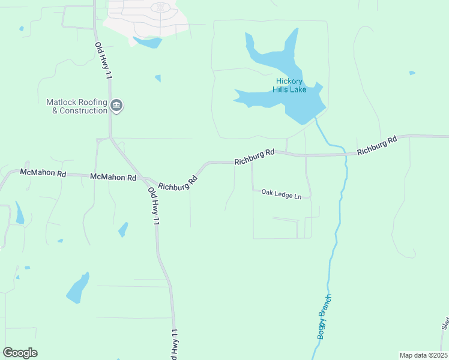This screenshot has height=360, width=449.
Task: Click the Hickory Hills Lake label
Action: (x=291, y=86)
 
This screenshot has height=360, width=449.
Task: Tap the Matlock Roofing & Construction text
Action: (x=77, y=106)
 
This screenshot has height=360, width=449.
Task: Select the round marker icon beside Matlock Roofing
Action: (x=116, y=107)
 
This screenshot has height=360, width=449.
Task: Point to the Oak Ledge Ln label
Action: (x=281, y=193)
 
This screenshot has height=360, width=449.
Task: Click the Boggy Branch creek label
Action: (x=325, y=317)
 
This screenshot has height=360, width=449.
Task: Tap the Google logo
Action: (x=20, y=353)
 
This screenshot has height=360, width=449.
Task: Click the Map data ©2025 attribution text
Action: (x=423, y=355)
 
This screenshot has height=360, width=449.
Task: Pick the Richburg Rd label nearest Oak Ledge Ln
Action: (x=254, y=157)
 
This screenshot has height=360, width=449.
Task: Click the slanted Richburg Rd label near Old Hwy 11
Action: (x=178, y=182)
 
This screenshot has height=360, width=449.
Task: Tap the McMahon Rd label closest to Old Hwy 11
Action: (x=113, y=178)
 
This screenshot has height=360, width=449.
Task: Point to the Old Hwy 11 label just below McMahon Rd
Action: (x=154, y=206)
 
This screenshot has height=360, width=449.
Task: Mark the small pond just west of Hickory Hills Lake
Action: (x=158, y=78)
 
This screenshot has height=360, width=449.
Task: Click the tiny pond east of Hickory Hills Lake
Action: (x=412, y=73)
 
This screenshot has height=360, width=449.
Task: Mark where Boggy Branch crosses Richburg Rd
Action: (x=346, y=154)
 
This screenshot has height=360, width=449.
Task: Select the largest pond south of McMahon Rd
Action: (x=78, y=288)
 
